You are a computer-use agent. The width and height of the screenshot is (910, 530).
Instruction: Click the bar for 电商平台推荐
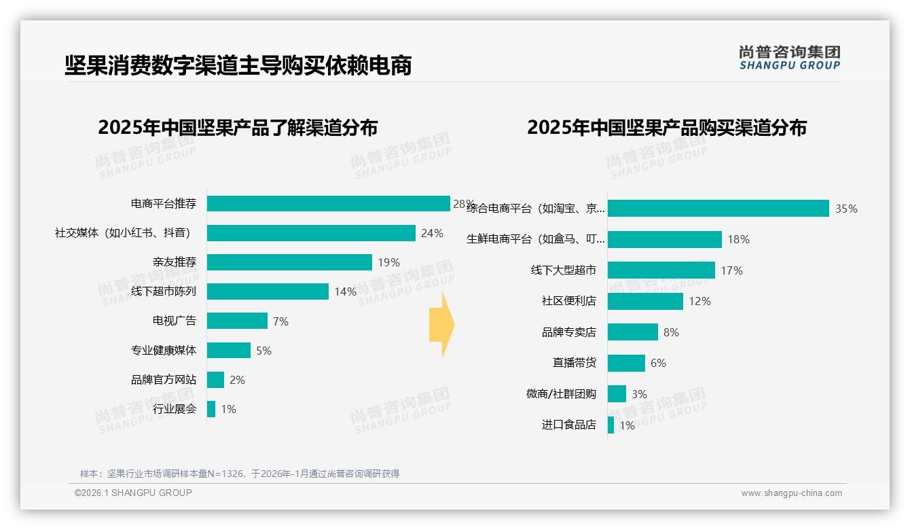point(328,204)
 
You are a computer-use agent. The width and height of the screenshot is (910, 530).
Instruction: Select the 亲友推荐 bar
point(289,262)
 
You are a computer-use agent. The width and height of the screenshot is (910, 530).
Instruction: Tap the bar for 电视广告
point(237,321)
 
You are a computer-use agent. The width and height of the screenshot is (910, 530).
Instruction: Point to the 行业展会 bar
point(211,409)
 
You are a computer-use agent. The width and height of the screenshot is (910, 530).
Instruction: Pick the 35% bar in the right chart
point(718,209)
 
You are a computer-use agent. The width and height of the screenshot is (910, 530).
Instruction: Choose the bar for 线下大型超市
point(661,270)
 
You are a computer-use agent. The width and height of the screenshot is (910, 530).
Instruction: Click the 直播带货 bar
point(626,363)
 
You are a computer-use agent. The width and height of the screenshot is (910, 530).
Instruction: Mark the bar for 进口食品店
point(611,425)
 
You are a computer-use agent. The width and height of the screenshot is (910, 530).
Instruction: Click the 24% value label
point(432,234)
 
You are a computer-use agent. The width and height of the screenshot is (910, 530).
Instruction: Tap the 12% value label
point(699,301)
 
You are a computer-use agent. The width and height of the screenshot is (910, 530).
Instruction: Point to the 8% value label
point(671,332)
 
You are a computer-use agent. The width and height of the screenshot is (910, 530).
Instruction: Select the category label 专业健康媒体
point(164,351)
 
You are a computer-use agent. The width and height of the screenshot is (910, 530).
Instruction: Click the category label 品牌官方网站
point(164,380)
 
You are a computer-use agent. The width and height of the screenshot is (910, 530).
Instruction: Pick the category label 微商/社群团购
point(561,394)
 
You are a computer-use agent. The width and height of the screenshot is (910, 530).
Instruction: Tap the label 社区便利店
point(569,301)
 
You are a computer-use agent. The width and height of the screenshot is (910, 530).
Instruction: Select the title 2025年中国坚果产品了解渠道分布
point(238,128)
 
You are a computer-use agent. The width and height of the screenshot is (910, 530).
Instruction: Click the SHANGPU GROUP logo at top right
point(789,57)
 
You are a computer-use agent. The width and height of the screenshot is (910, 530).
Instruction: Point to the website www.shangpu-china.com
point(791,493)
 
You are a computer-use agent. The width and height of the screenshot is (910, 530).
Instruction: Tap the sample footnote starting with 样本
point(240,474)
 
